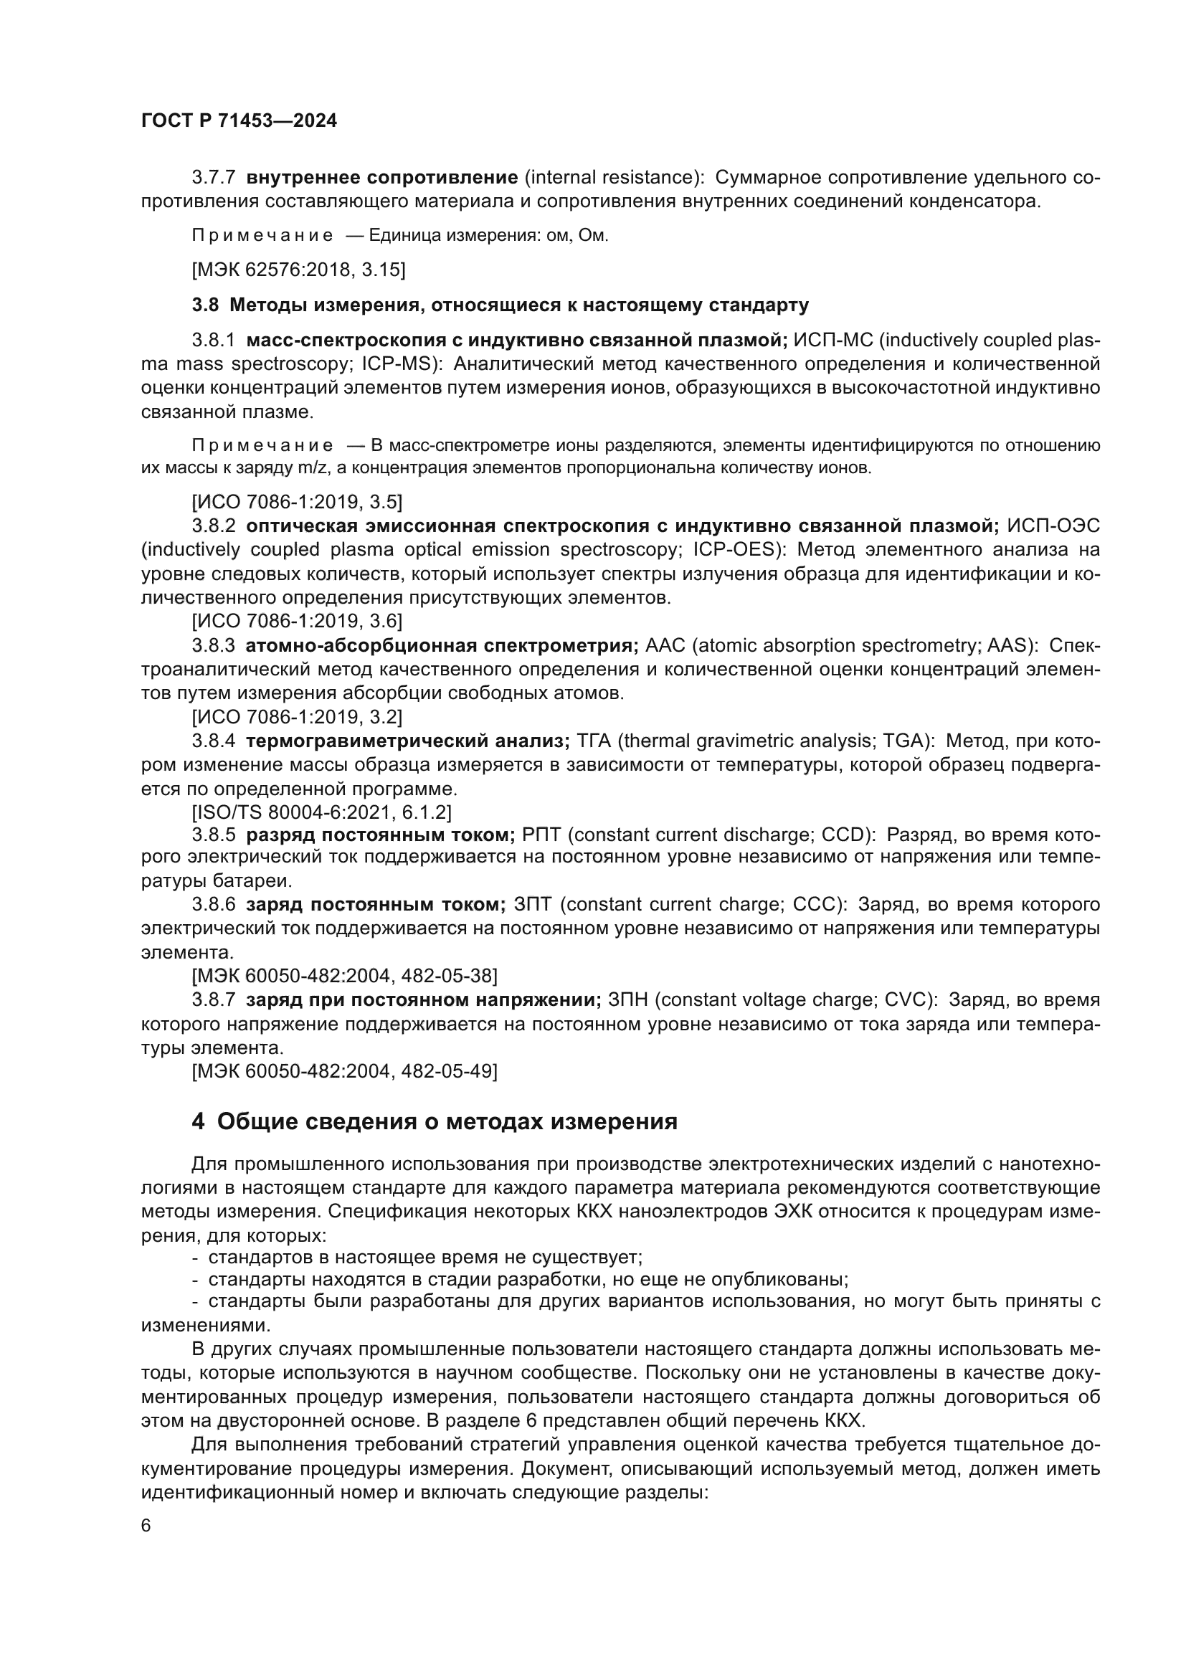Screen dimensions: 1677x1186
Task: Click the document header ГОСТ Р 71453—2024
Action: (x=239, y=121)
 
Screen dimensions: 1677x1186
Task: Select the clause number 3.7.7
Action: (x=213, y=178)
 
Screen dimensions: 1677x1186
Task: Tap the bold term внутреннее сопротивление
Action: (x=382, y=178)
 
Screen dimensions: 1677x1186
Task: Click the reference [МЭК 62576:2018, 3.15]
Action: (x=298, y=270)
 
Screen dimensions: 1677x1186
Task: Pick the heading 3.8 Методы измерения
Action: (x=501, y=305)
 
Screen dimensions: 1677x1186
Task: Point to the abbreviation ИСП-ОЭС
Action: (x=1053, y=526)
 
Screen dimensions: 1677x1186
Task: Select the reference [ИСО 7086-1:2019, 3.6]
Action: (x=297, y=621)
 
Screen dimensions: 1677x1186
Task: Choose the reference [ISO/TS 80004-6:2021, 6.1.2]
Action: (x=321, y=812)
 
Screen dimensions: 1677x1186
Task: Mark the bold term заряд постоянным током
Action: (x=375, y=905)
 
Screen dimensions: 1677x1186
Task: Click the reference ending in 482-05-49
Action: (x=344, y=1070)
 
